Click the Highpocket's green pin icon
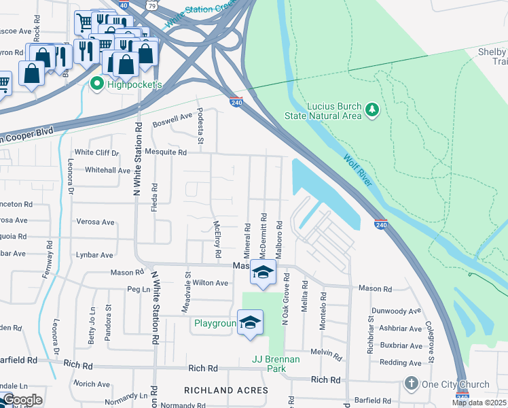96,84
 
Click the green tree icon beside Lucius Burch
371,109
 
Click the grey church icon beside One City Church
412,384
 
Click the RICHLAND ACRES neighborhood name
226,390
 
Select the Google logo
22,401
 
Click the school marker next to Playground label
250,323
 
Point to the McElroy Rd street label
217,239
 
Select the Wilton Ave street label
211,282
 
